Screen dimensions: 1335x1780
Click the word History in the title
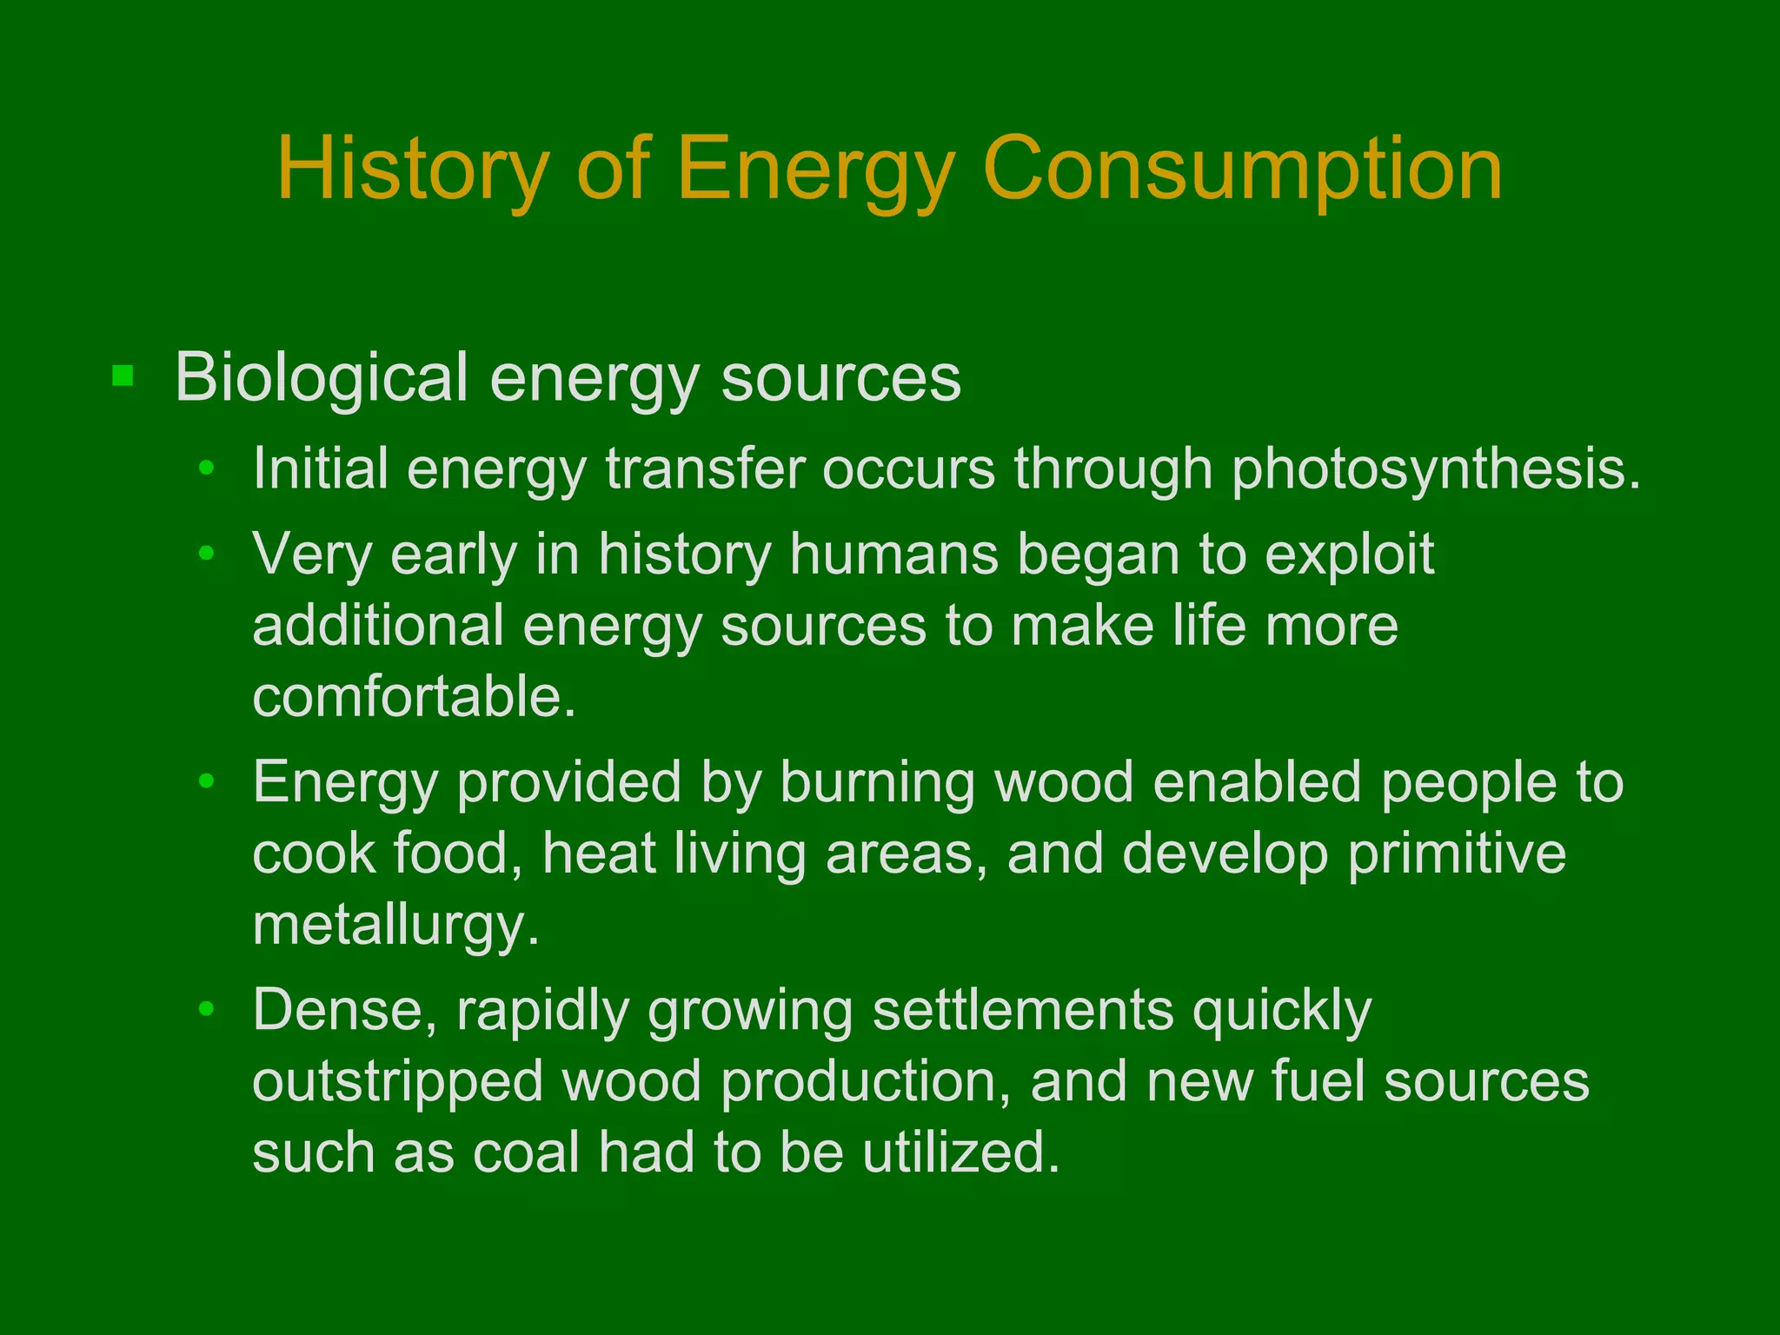click(x=414, y=169)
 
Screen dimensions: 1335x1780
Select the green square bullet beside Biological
click(x=123, y=376)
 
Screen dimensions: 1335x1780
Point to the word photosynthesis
click(x=1436, y=470)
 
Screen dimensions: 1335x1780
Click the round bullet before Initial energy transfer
click(x=206, y=469)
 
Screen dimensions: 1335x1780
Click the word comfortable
click(x=414, y=697)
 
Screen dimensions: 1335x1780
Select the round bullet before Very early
click(x=206, y=553)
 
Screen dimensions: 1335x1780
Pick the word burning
click(x=877, y=782)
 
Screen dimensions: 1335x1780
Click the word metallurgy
click(x=396, y=925)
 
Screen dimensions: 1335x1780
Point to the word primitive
click(x=1457, y=853)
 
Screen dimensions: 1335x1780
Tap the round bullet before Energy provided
click(x=206, y=781)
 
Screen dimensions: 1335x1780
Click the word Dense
click(x=344, y=1010)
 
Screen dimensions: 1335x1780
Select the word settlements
click(x=1022, y=1010)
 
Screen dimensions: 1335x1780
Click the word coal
click(x=526, y=1153)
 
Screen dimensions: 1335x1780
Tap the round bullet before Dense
click(x=206, y=1009)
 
